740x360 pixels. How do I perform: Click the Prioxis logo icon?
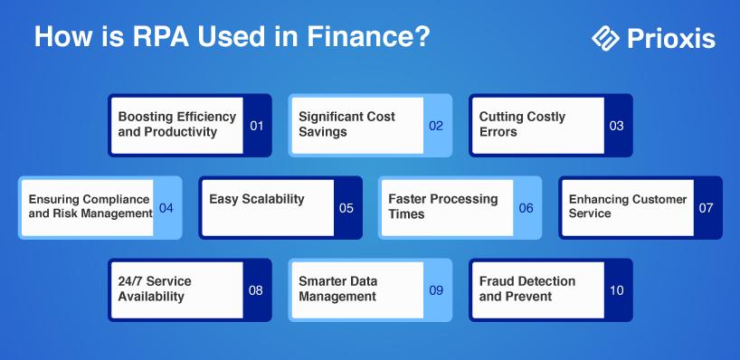pos(605,38)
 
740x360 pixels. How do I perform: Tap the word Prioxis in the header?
pos(671,38)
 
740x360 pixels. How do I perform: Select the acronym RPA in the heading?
pos(161,36)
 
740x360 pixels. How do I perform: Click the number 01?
pos(257,126)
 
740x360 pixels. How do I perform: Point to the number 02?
pos(436,126)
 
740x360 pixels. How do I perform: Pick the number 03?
pos(616,126)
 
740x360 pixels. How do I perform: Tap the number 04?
pos(166,208)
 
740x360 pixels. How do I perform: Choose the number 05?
pos(346,208)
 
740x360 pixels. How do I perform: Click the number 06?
pos(527,208)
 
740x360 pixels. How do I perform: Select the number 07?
pos(706,208)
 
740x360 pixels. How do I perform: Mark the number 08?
pos(256,290)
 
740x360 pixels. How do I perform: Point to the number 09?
pos(436,290)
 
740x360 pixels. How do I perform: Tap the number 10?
pos(616,290)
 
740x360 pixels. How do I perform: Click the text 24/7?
pos(130,281)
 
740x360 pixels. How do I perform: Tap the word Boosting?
pos(145,117)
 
